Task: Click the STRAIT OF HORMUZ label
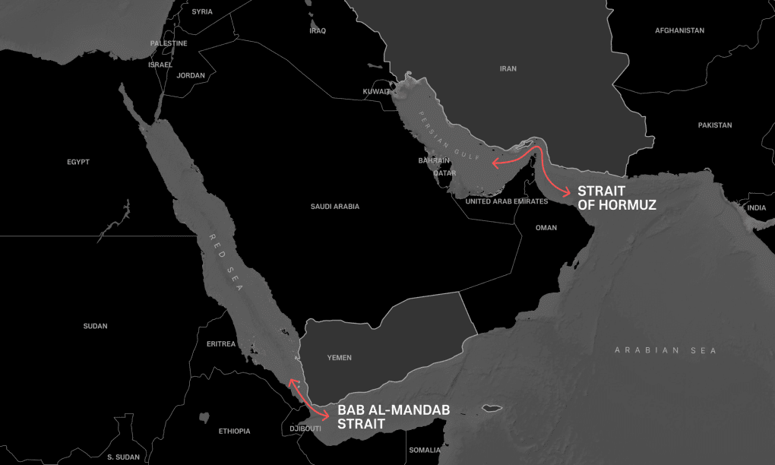(616, 198)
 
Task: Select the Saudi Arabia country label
(335, 207)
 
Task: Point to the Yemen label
(340, 357)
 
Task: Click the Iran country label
(508, 68)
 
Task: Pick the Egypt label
(78, 162)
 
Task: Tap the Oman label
(546, 228)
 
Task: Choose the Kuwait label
(376, 91)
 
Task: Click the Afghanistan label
(679, 30)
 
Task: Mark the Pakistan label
(715, 125)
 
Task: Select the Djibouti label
(305, 429)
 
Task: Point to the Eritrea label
(221, 344)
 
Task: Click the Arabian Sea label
(666, 350)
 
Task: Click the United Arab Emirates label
(507, 201)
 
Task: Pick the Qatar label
(444, 173)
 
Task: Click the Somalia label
(424, 450)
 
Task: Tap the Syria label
(202, 11)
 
